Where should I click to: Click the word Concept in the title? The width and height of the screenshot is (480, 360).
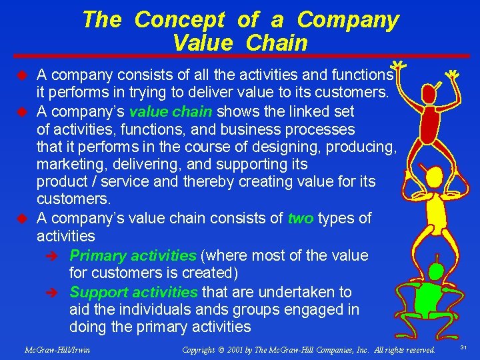pos(179,20)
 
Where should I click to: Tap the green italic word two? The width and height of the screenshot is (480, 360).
pos(300,219)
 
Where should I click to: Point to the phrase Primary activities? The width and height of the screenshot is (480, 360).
pos(133,255)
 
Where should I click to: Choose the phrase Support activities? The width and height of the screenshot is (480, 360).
pos(133,292)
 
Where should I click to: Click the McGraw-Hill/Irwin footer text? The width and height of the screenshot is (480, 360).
pos(57,349)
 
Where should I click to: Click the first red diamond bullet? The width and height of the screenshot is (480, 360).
pos(21,73)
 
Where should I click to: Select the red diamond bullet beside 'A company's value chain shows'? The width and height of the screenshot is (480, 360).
pos(21,111)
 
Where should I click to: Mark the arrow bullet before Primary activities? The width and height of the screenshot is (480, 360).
pos(57,256)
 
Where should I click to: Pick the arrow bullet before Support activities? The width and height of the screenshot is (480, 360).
pos(57,293)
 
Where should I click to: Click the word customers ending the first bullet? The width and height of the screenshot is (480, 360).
pos(354,92)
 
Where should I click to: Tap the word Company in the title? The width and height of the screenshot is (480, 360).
pos(347,20)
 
